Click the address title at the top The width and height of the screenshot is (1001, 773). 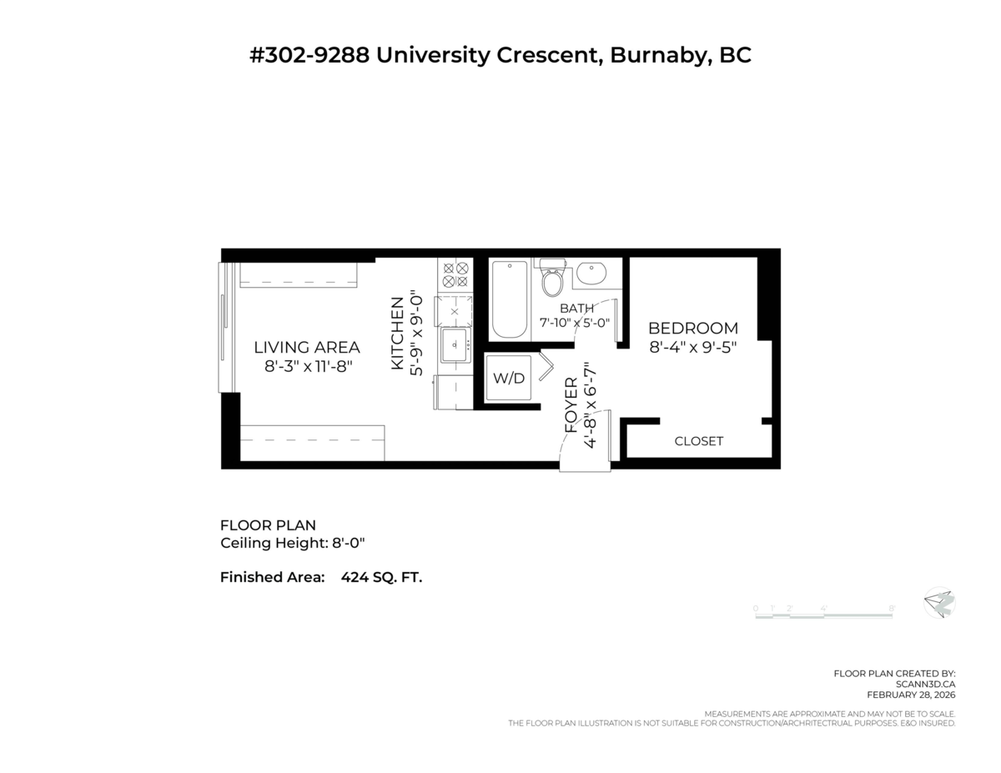coord(500,56)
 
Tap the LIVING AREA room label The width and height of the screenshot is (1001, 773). coord(307,348)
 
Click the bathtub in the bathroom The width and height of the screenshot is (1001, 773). coord(509,298)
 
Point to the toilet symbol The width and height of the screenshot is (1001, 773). coord(552,279)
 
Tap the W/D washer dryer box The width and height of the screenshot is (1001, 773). coord(509,378)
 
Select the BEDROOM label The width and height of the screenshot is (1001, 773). coord(693,329)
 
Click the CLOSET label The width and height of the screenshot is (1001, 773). coord(698,441)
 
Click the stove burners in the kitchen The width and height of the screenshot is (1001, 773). coord(455,276)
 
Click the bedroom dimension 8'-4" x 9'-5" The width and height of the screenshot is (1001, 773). coord(693,348)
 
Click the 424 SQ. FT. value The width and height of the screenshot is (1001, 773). coord(381,577)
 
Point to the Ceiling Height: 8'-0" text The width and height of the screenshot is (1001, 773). coord(293,544)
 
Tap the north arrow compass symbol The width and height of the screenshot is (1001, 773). coord(939,603)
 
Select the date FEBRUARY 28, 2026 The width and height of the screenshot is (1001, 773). coord(911,695)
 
